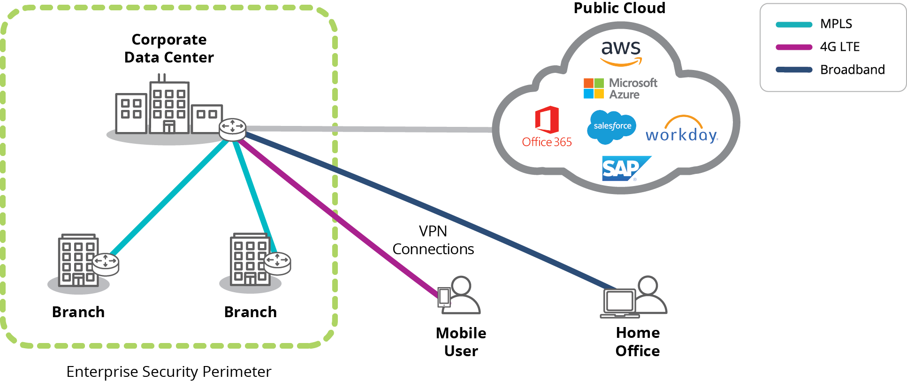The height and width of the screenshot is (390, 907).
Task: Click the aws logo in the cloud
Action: [621, 52]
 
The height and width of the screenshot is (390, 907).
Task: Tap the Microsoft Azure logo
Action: [620, 88]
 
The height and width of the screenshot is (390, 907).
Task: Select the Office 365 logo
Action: [547, 127]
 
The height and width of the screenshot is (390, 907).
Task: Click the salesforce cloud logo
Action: [612, 126]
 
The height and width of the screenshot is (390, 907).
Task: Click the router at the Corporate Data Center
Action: [232, 129]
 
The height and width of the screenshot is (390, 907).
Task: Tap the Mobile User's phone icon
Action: [444, 297]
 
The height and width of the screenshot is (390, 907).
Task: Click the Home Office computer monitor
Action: [619, 302]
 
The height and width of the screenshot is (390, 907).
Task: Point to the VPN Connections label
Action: [433, 240]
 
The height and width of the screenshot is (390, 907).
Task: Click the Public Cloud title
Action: [619, 8]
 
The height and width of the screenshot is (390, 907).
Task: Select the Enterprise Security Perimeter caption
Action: [168, 372]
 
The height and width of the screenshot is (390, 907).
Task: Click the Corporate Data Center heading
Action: [169, 48]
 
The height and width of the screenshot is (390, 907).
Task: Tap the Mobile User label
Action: [461, 342]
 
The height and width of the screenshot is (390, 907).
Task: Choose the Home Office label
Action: [638, 342]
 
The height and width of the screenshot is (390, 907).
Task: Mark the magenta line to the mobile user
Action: [338, 216]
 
